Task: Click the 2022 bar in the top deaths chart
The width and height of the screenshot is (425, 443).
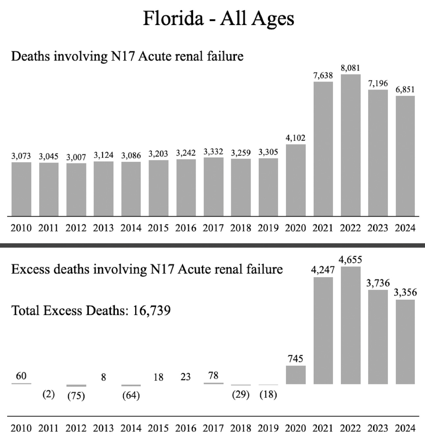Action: pos(351,145)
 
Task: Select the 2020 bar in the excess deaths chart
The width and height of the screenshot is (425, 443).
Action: pos(296,375)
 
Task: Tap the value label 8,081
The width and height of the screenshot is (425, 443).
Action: pos(351,68)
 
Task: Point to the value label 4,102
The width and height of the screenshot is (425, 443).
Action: pos(296,138)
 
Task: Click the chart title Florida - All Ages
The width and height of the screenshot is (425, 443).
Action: pos(218,18)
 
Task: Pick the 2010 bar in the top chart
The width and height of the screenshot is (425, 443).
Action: pos(21,189)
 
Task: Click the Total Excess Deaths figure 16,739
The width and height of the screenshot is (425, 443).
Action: pos(151,310)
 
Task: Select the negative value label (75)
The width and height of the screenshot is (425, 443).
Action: pos(76,396)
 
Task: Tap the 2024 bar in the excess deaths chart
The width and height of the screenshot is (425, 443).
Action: pos(405,342)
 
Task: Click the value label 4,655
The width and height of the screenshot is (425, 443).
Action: pos(351,260)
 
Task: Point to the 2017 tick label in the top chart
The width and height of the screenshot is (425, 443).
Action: pos(213,228)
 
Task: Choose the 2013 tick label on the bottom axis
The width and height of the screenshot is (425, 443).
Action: pos(103,428)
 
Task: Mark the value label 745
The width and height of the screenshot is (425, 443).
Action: pos(295,359)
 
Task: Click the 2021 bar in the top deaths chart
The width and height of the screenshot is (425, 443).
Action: pos(323,149)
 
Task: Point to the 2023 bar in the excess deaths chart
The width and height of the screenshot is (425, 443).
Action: pos(378,337)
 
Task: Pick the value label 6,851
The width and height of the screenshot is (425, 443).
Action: pos(405,90)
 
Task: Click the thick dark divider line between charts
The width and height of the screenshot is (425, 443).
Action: pos(213,245)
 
